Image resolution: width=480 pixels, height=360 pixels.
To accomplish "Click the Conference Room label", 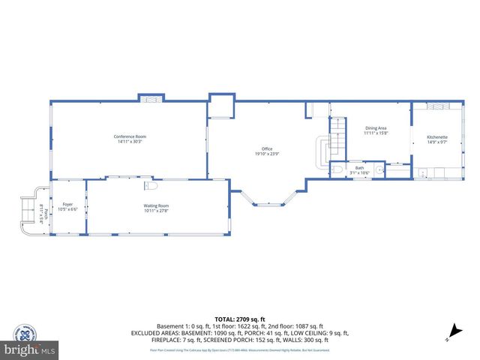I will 129,136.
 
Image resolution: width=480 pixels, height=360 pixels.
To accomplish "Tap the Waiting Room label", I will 156,205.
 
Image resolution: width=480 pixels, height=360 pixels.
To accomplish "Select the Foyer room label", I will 67,204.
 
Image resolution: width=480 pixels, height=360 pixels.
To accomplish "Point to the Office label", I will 266,148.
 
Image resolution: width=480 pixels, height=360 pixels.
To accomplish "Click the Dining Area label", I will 376,128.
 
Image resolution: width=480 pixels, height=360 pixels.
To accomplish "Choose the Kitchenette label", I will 437,137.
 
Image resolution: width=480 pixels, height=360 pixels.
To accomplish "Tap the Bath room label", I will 359,168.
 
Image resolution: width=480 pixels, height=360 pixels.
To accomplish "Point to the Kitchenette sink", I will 423,173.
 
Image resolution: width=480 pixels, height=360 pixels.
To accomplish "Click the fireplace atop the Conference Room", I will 150,98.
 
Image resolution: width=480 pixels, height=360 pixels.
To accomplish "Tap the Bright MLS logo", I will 28,344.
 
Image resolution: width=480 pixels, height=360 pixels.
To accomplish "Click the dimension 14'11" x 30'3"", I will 129,141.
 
